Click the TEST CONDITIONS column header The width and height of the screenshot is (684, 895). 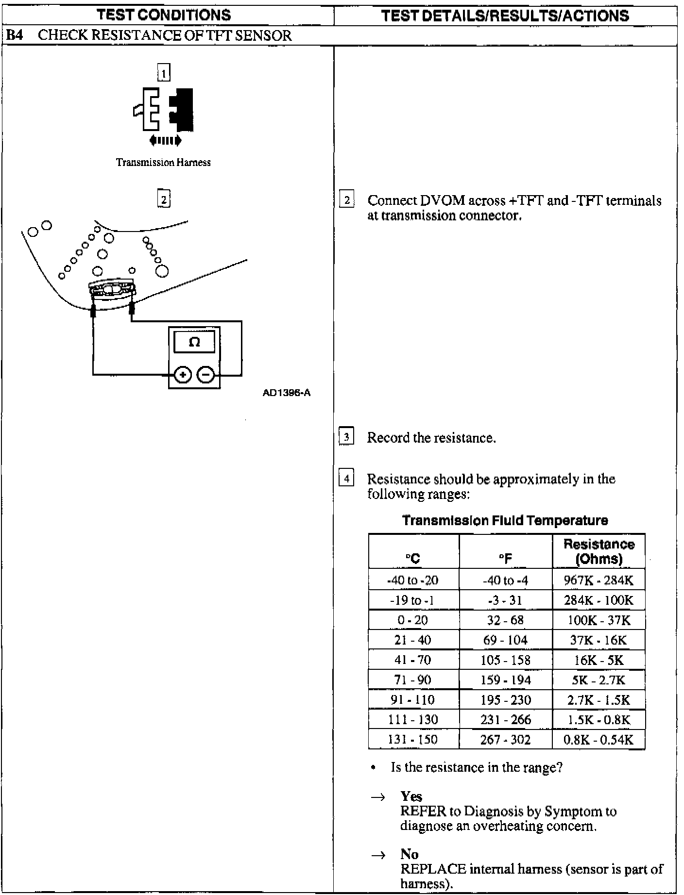[164, 15]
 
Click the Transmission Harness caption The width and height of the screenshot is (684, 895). [163, 163]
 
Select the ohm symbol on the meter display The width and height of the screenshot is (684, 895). [194, 342]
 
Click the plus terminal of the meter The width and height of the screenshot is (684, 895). [183, 375]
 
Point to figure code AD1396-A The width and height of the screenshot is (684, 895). [287, 393]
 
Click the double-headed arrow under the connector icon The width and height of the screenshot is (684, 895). [165, 141]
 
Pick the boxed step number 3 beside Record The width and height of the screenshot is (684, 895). [346, 437]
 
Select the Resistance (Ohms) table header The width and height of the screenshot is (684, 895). [598, 551]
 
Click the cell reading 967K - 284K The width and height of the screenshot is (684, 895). [598, 580]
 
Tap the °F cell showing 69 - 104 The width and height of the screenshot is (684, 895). [505, 640]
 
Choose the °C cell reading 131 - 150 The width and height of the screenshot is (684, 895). [413, 739]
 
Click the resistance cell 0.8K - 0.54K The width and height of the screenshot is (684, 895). [598, 739]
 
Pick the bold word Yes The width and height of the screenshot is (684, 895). [411, 796]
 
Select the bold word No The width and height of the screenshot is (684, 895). [410, 854]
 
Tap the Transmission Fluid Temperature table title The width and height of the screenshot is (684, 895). [505, 521]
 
